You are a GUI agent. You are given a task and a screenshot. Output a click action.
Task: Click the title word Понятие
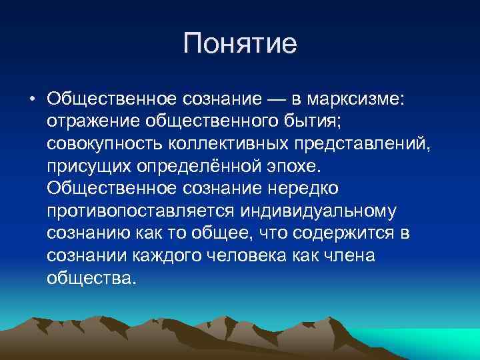coord(239,46)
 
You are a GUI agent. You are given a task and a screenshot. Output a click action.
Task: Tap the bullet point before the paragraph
coord(31,100)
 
